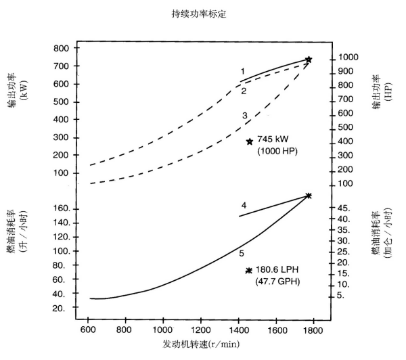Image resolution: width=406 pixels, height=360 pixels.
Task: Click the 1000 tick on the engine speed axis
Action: (161, 331)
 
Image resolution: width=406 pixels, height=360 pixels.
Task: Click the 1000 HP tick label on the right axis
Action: (349, 59)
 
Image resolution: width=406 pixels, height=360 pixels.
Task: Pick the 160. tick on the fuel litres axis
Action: (62, 208)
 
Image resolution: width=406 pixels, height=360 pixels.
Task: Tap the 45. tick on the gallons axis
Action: (344, 208)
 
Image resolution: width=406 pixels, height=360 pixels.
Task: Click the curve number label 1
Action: (242, 71)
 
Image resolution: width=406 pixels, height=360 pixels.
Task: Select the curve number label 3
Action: (244, 116)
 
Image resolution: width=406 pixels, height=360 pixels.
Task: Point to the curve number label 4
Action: (243, 204)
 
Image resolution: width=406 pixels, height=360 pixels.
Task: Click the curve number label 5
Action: (241, 253)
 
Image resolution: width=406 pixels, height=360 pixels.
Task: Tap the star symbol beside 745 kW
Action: (250, 141)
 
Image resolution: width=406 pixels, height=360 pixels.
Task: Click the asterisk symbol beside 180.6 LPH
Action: (249, 270)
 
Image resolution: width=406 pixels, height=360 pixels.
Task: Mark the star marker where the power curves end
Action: (309, 60)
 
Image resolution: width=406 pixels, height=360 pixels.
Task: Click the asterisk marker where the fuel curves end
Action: (309, 196)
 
